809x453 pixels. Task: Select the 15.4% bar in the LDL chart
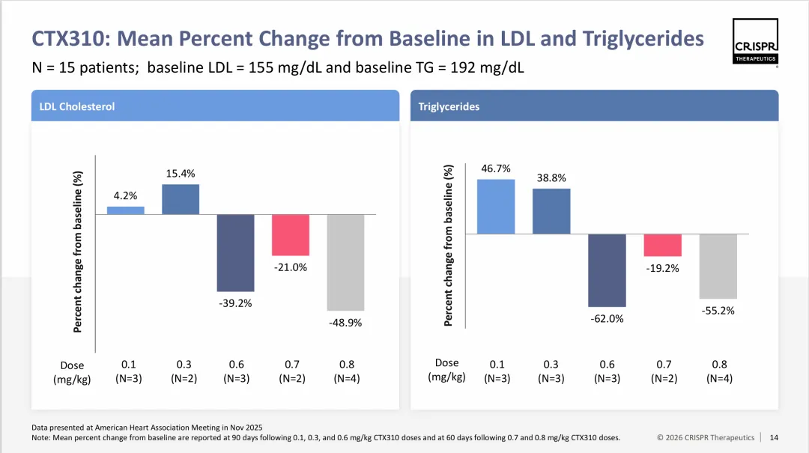pyautogui.click(x=181, y=199)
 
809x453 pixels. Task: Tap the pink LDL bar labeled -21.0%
pyautogui.click(x=291, y=235)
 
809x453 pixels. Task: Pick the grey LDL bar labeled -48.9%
pyautogui.click(x=345, y=262)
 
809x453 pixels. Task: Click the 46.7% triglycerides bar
pyautogui.click(x=496, y=207)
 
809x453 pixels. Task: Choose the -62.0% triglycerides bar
pyautogui.click(x=607, y=270)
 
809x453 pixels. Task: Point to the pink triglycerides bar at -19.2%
pyautogui.click(x=663, y=246)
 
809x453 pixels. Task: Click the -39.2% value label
pyautogui.click(x=235, y=303)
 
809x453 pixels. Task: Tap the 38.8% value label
pyautogui.click(x=551, y=178)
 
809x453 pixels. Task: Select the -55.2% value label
pyautogui.click(x=718, y=310)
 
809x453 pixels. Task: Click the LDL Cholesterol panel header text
pyautogui.click(x=77, y=106)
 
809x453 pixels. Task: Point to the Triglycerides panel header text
pyautogui.click(x=449, y=106)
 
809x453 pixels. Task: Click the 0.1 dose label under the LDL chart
pyautogui.click(x=128, y=365)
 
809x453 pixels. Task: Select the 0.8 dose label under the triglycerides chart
pyautogui.click(x=719, y=365)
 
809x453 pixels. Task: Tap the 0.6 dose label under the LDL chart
pyautogui.click(x=237, y=365)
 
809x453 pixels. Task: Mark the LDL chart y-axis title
pyautogui.click(x=78, y=252)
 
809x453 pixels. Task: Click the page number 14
pyautogui.click(x=774, y=437)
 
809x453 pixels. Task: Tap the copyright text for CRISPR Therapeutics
pyautogui.click(x=706, y=437)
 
